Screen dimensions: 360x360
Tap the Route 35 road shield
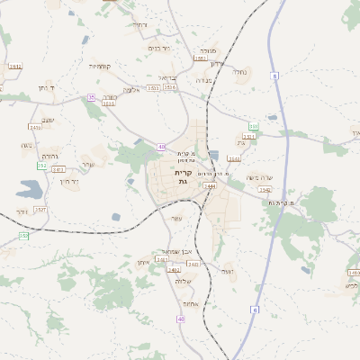[x=91, y=97]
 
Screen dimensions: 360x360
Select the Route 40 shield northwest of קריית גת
[x=161, y=147]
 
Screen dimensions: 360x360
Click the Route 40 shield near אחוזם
[x=181, y=319]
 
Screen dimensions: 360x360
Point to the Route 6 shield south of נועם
[x=255, y=310]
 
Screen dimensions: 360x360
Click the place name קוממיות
[x=100, y=66]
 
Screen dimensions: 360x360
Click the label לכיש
[x=352, y=285]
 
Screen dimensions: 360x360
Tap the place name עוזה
[x=176, y=218]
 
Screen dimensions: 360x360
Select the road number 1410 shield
[x=354, y=272]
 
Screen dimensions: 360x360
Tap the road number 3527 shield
[x=40, y=210]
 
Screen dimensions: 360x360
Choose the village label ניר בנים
[x=158, y=49]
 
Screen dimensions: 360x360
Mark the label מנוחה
[x=207, y=51]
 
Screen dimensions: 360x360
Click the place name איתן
[x=143, y=261]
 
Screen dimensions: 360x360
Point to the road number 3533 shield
[x=154, y=88]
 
